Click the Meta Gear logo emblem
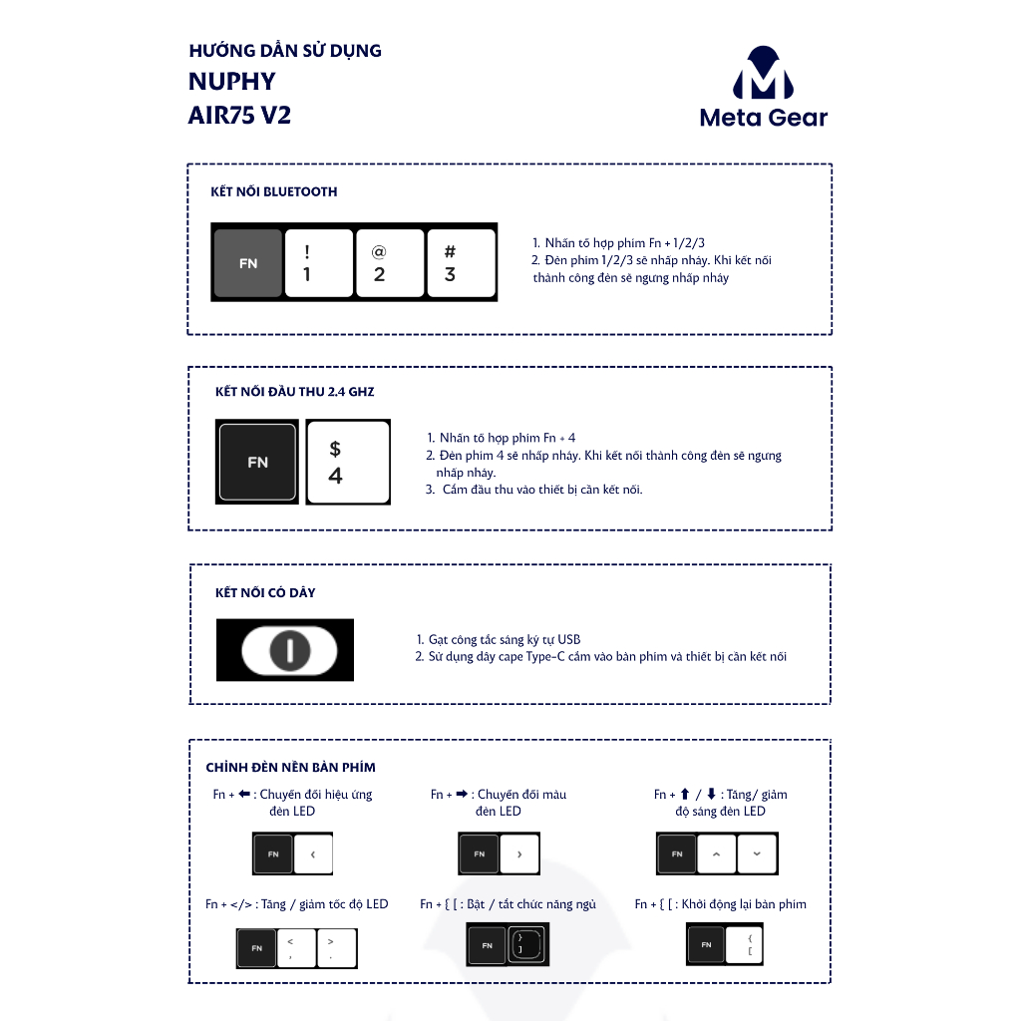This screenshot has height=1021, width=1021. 763,72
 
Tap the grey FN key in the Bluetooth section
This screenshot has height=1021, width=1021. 248,264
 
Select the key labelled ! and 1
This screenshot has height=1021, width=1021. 319,264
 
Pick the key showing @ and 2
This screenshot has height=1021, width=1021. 390,264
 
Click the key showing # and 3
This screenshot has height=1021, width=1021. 461,264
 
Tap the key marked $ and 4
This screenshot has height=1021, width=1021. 347,462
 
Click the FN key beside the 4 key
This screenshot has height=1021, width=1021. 257,462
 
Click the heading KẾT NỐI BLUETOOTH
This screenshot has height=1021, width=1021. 274,191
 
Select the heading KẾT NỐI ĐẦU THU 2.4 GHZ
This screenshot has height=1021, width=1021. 295,392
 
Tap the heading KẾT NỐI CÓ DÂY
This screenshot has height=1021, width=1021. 265,592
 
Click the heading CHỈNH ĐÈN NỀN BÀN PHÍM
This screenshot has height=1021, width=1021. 290,768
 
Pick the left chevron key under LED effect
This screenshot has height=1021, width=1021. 313,854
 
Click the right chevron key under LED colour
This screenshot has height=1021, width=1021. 519,854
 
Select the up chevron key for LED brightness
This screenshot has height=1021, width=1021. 716,854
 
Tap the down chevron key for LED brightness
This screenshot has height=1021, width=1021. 757,854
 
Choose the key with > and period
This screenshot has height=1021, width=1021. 335,947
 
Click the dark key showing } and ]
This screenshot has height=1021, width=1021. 526,943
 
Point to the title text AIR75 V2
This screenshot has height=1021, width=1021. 239,115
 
